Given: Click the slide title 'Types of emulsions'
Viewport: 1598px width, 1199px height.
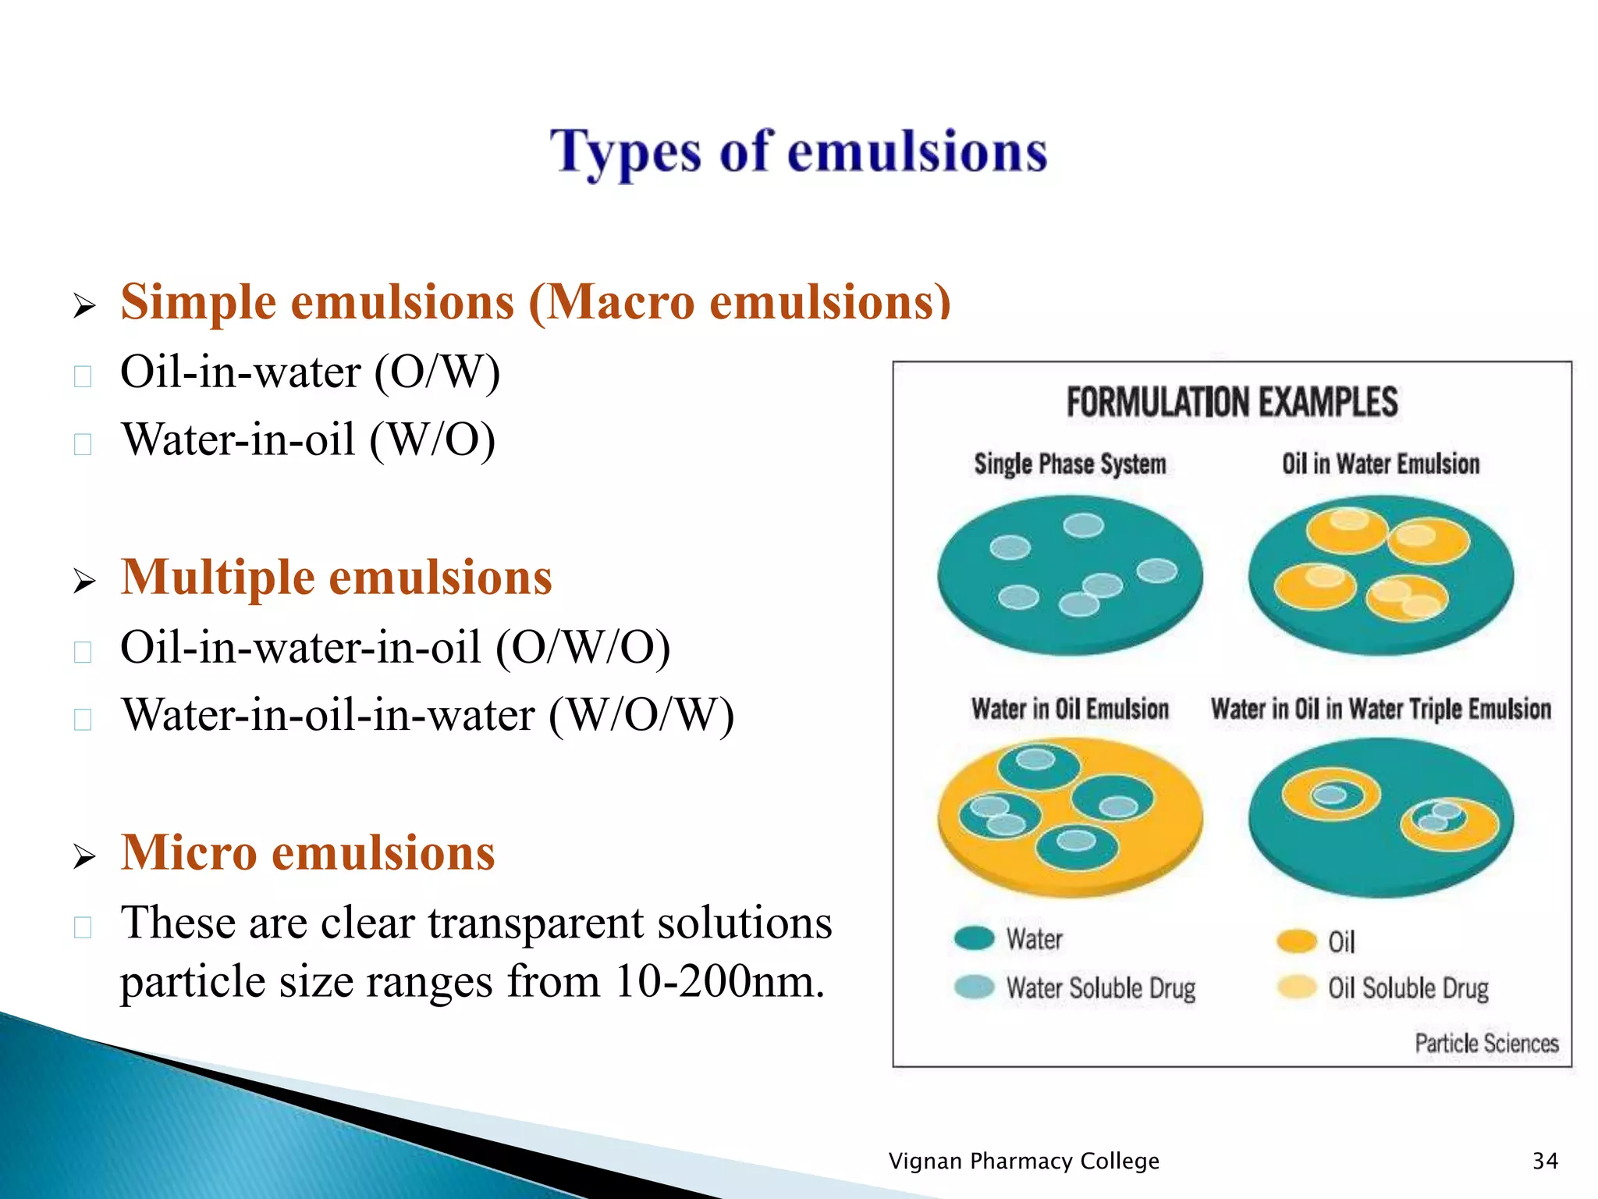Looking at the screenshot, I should tap(798, 152).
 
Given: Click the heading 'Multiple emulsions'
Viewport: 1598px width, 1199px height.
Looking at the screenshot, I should tap(336, 578).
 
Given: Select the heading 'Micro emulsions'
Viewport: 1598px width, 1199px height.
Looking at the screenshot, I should tap(307, 852).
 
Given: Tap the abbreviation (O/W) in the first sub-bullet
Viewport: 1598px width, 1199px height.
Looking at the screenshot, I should tap(437, 372).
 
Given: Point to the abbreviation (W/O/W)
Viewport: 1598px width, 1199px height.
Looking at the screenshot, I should tap(641, 715).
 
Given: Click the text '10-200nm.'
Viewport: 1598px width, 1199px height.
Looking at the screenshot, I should tap(719, 981).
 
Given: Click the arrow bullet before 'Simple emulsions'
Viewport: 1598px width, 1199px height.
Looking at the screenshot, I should tap(84, 305).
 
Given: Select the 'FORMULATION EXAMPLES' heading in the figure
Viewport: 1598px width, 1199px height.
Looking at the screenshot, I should tap(1231, 403).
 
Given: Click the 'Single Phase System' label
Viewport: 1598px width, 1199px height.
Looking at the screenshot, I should tap(1070, 464).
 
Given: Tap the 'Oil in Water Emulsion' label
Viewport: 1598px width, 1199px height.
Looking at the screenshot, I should tap(1380, 464).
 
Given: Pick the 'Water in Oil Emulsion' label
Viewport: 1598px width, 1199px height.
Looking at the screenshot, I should tap(1070, 710).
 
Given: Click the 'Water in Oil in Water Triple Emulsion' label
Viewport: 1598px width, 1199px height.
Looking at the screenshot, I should tap(1380, 710).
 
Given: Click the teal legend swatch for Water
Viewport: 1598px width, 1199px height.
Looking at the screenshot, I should tap(974, 937).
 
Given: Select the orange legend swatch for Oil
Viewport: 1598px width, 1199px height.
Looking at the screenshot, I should tap(1297, 941).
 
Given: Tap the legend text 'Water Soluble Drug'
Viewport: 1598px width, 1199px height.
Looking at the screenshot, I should tap(1100, 988).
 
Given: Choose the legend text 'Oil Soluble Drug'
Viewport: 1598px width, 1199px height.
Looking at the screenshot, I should tap(1408, 988).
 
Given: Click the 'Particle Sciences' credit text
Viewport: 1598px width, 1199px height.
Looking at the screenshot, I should tap(1486, 1044).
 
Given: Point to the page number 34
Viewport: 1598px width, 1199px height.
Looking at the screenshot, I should tap(1545, 1161).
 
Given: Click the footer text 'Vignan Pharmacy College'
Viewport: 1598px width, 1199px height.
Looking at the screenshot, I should tap(1024, 1161).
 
